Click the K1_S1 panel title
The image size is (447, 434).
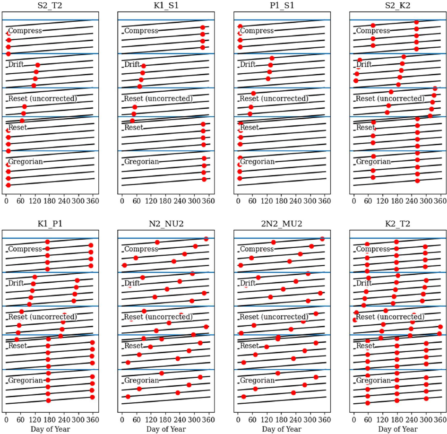point(166,7)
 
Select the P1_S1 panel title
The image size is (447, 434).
point(282,7)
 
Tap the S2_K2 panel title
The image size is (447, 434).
point(397,7)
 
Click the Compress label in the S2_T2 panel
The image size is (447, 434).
point(25,31)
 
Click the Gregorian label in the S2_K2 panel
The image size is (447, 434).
point(373,162)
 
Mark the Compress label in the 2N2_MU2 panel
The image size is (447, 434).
point(257,249)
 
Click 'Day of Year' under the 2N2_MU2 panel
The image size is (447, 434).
point(282,429)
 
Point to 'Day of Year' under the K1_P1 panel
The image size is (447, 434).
point(50,429)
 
